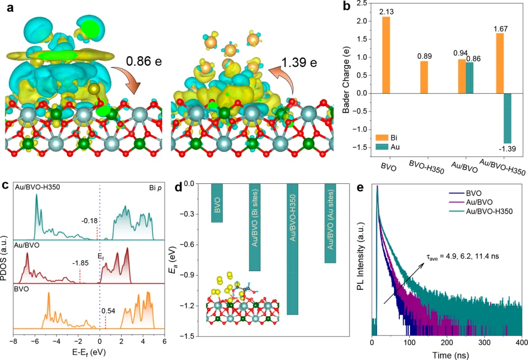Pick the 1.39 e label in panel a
[299, 63]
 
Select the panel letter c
[5, 185]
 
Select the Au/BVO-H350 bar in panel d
[292, 249]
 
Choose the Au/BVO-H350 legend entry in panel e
[473, 211]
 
